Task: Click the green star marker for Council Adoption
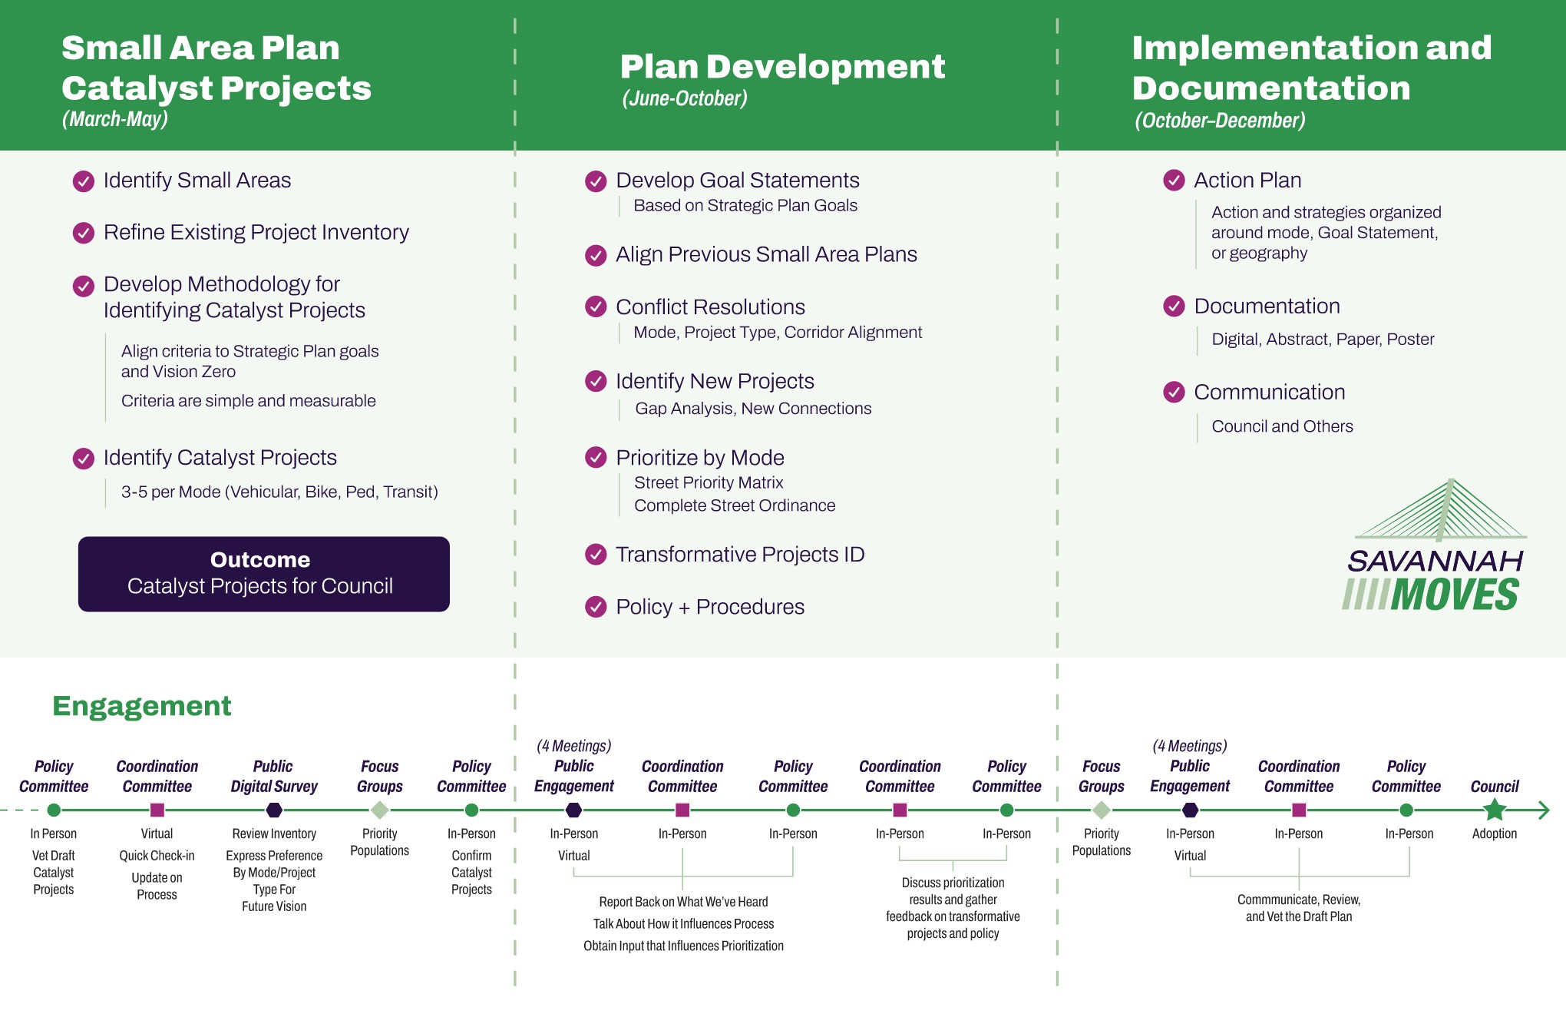(x=1494, y=810)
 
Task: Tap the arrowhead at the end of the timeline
(x=1545, y=810)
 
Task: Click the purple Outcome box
(x=263, y=574)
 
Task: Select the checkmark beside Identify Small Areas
(x=83, y=181)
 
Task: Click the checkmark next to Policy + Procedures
(x=595, y=607)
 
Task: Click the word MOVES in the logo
(x=1454, y=595)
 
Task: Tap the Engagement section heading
(x=141, y=706)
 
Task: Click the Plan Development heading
(x=782, y=67)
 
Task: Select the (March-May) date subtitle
(x=115, y=119)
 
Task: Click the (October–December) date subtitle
(x=1220, y=121)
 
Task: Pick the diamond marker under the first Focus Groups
(x=379, y=810)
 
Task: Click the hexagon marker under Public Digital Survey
(x=274, y=810)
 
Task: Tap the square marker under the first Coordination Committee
(x=157, y=810)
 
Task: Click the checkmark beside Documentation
(x=1173, y=307)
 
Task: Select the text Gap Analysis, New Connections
(x=752, y=409)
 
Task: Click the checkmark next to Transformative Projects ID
(x=595, y=555)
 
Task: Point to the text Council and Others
(x=1282, y=426)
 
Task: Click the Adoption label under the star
(x=1494, y=833)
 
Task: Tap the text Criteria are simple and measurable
(x=248, y=401)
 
